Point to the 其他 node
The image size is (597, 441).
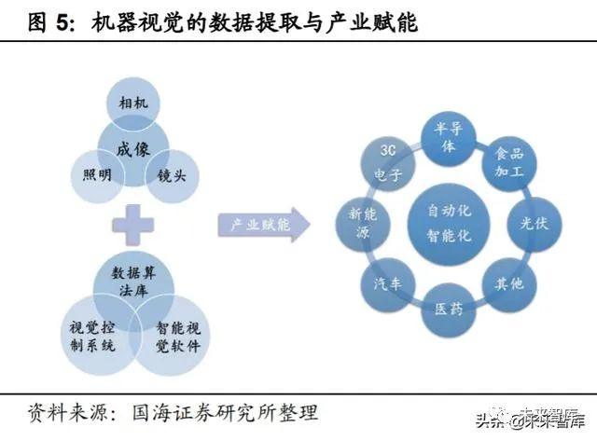508,283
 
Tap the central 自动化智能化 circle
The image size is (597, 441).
449,224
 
